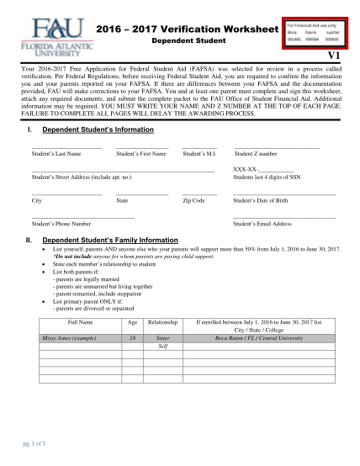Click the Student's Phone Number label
(x=61, y=225)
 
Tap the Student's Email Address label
(x=262, y=225)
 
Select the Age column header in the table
(x=132, y=321)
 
